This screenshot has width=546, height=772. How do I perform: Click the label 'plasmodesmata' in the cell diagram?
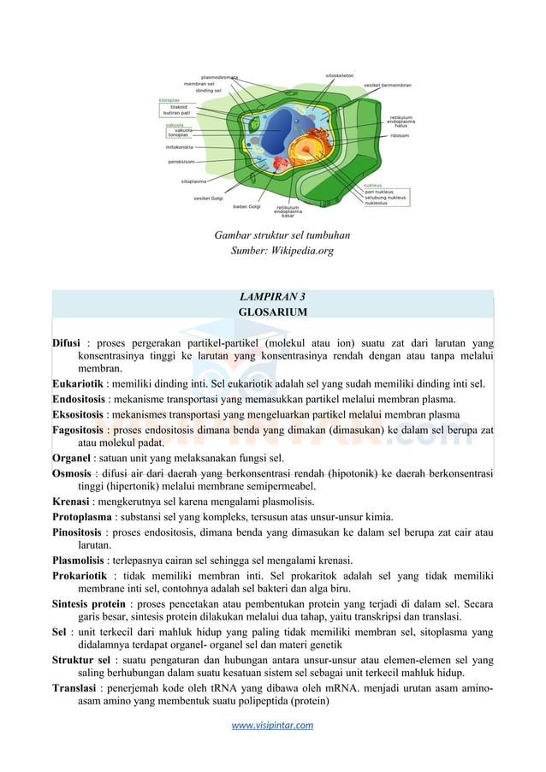click(x=219, y=77)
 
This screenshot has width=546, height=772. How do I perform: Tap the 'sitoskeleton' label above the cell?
click(x=342, y=76)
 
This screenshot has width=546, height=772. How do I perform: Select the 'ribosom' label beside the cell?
click(x=400, y=135)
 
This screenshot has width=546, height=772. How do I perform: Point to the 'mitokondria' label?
click(x=180, y=146)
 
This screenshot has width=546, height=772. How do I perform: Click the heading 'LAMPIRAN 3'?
click(x=272, y=298)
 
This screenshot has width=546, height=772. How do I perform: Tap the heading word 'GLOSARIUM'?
click(x=272, y=312)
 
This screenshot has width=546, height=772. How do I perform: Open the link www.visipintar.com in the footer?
click(x=272, y=725)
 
